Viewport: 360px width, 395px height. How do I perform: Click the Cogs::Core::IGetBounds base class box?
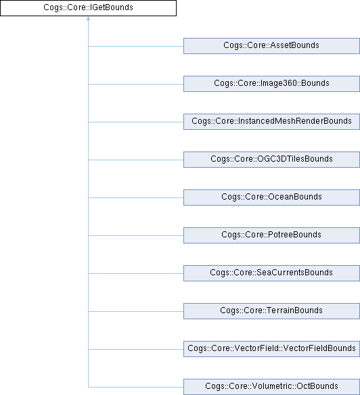coord(88,8)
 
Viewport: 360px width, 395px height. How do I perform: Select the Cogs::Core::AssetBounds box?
coord(271,46)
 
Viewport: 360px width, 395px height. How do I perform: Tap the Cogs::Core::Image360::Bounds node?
coord(271,84)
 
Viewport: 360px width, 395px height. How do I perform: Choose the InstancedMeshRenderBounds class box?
coord(271,122)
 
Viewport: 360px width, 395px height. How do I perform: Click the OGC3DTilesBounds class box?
coord(271,160)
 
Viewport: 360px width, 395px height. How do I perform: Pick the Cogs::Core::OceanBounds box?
coord(271,197)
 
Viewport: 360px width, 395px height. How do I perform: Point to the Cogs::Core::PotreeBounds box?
coord(271,235)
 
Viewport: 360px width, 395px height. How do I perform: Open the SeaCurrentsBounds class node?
coord(271,273)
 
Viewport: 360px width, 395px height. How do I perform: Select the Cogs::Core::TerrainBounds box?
coord(271,311)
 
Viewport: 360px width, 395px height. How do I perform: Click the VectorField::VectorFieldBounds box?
coord(271,349)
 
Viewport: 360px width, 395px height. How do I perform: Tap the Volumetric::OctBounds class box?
coord(271,387)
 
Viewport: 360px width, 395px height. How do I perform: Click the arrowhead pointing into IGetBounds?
coord(88,18)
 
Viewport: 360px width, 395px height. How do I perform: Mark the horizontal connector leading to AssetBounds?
coord(136,47)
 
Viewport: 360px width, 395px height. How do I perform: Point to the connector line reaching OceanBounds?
coord(136,197)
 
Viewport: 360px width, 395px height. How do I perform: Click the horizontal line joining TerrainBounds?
coord(136,311)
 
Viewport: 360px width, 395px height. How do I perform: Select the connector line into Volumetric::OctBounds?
coord(136,387)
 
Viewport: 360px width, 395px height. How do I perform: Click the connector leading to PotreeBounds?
coord(136,236)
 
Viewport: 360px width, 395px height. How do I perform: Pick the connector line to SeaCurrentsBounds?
coord(136,273)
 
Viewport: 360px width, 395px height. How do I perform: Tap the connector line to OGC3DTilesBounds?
coord(136,160)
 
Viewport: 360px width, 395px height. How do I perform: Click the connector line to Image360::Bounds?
coord(136,84)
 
